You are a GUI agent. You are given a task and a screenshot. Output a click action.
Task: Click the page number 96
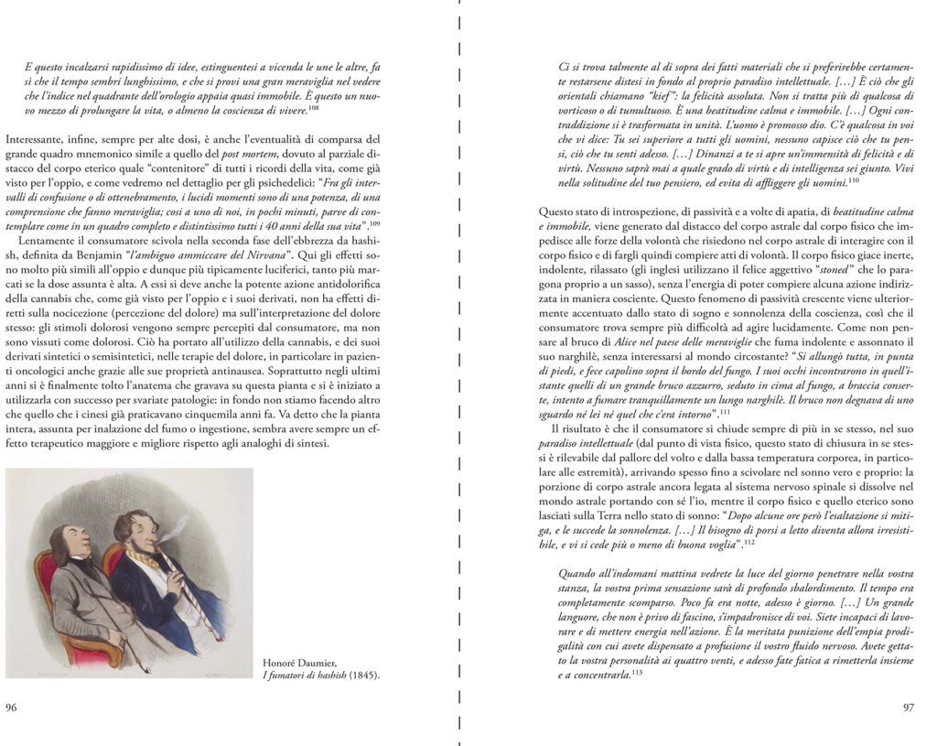[x=12, y=707]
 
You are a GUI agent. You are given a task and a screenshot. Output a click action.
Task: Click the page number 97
[x=908, y=707]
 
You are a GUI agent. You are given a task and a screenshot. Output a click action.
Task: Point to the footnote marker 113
[x=637, y=673]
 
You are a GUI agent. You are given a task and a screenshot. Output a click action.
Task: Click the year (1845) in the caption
[x=364, y=676]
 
